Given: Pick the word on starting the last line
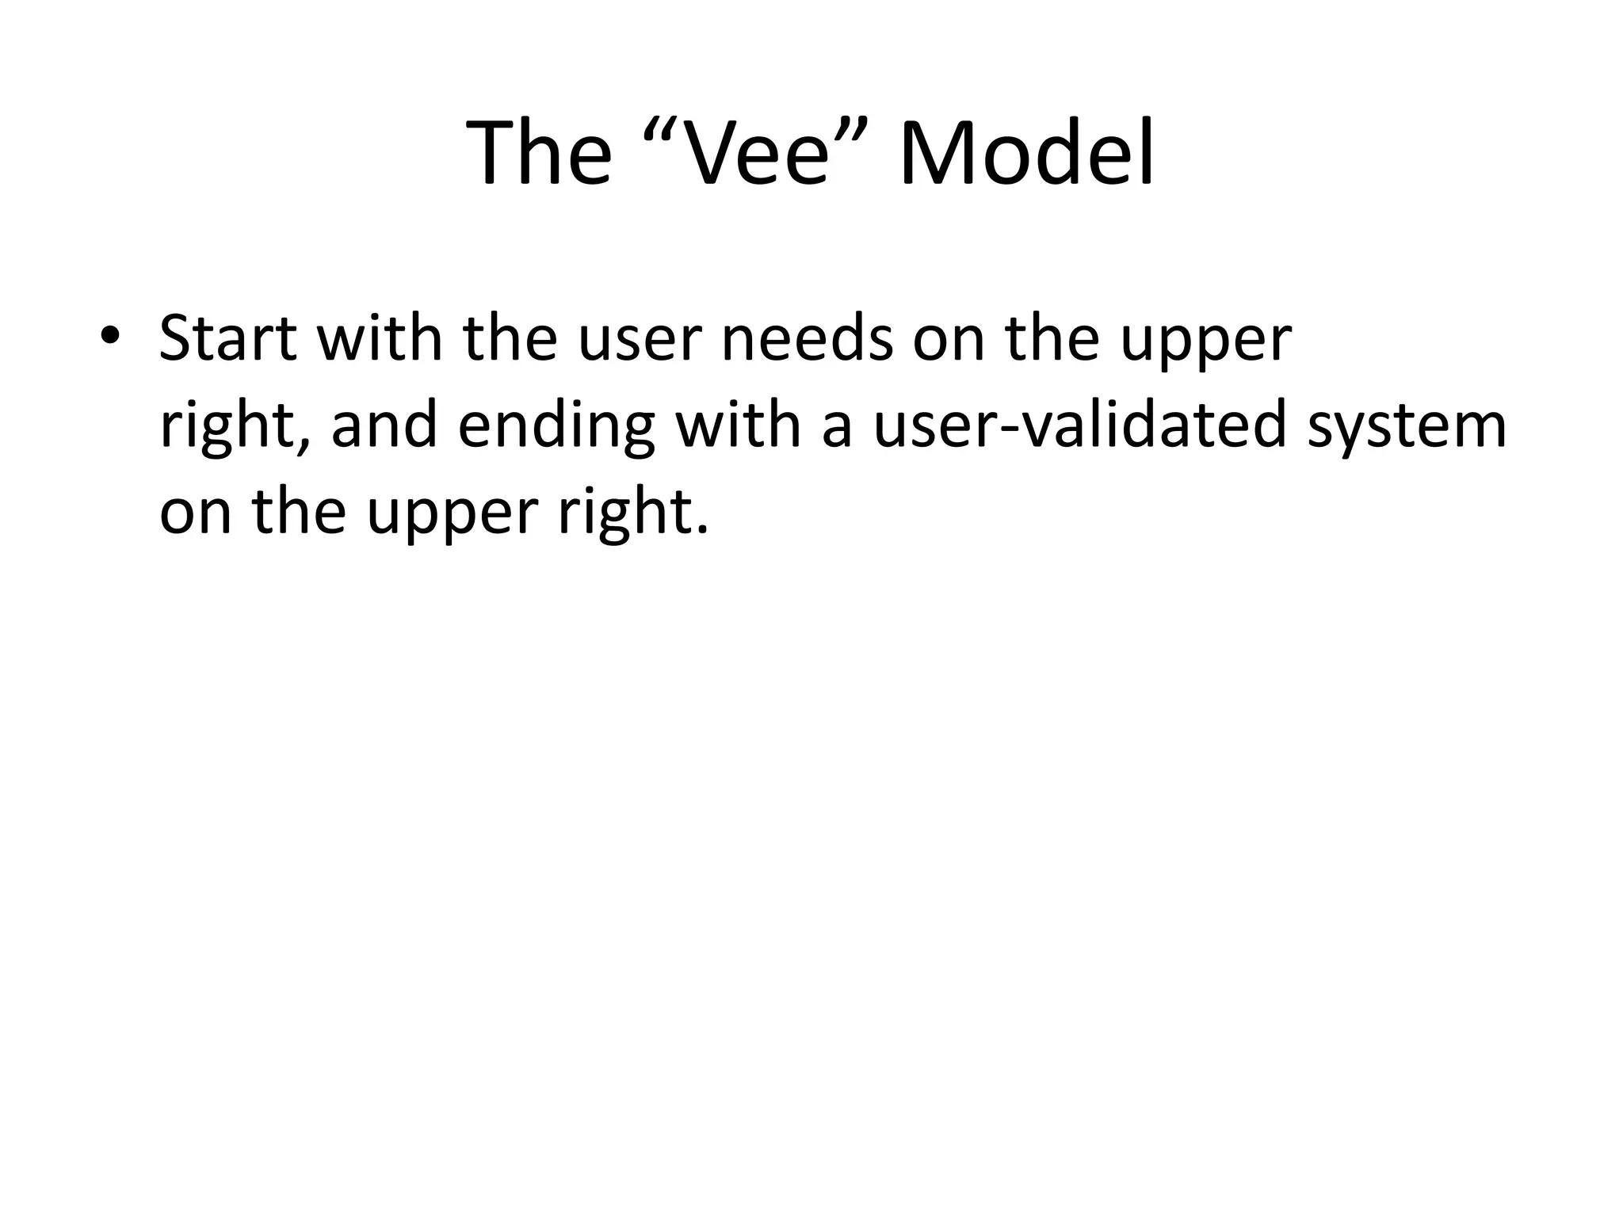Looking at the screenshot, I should pos(195,513).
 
